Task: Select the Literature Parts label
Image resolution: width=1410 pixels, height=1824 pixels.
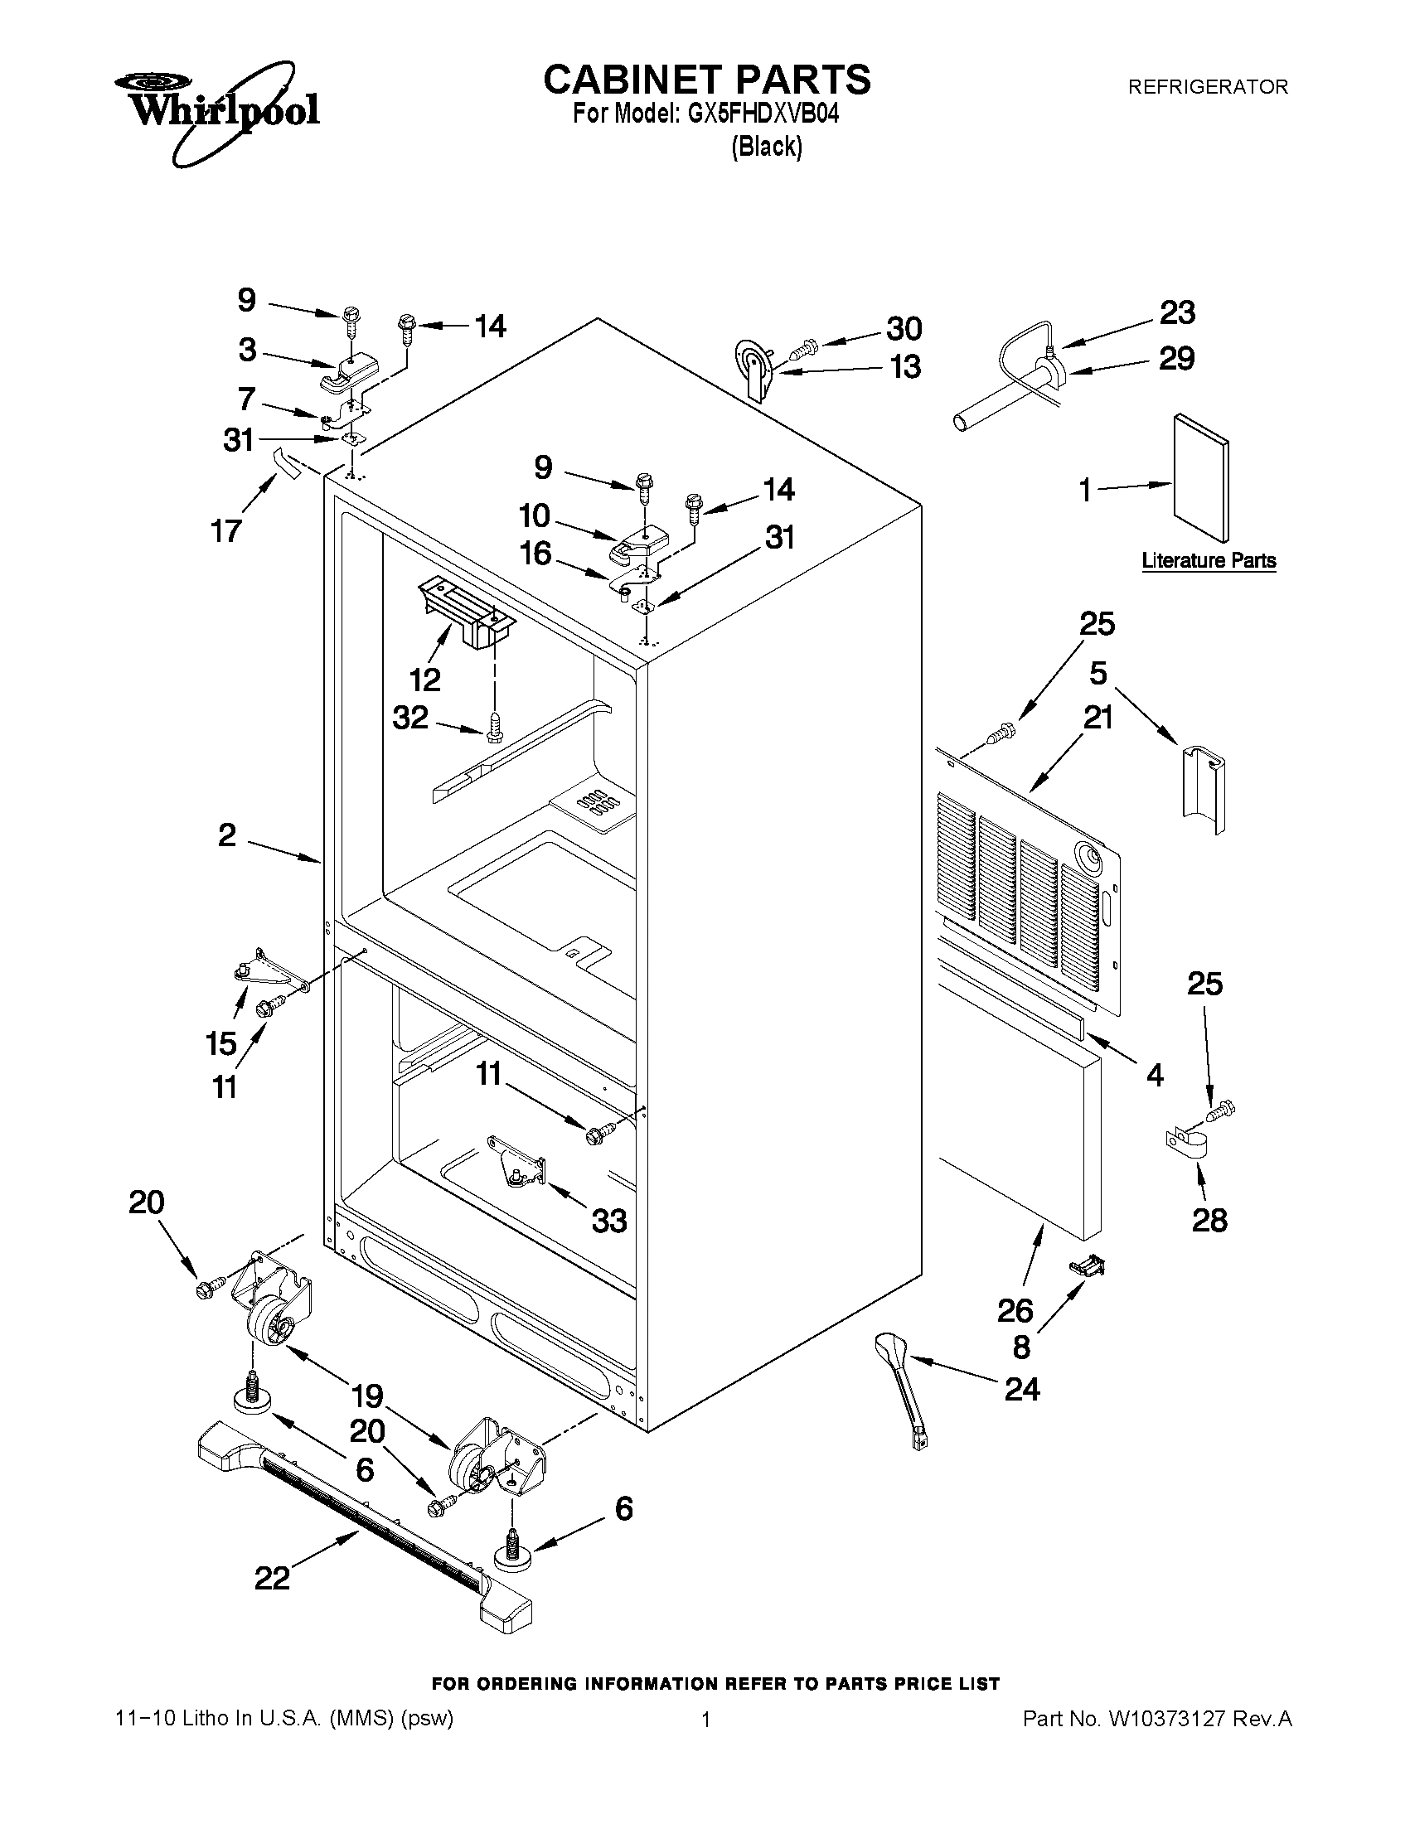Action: click(x=1208, y=560)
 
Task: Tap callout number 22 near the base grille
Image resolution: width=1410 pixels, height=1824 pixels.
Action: click(x=273, y=1578)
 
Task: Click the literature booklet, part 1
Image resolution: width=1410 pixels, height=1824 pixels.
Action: click(x=1200, y=477)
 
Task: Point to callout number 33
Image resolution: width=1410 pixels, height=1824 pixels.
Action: click(x=609, y=1221)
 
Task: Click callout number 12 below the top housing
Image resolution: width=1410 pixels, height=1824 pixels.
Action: click(x=425, y=679)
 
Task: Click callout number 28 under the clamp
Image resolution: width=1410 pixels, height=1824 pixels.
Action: click(x=1209, y=1220)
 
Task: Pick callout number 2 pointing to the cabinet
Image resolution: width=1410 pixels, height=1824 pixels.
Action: click(x=227, y=835)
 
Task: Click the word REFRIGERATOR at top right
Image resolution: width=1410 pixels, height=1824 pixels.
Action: click(x=1207, y=86)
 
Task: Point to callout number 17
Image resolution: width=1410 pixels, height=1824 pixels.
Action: click(x=226, y=530)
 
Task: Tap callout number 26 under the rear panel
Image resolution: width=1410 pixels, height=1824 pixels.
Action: click(x=1015, y=1310)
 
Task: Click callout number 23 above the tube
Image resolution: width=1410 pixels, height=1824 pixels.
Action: click(x=1177, y=312)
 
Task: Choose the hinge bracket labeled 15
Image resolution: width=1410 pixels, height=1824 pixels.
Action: click(x=260, y=969)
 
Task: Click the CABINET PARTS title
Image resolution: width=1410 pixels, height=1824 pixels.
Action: click(x=707, y=80)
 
